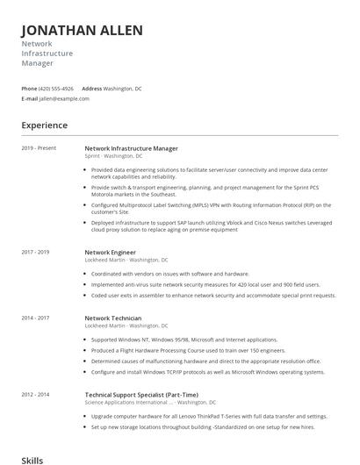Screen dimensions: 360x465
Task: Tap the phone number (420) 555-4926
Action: click(x=57, y=89)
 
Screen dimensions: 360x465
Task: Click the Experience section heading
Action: click(x=45, y=125)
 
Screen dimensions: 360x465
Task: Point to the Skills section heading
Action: click(x=32, y=459)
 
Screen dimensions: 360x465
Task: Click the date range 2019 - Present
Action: click(x=39, y=148)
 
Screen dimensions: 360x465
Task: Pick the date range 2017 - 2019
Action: click(x=37, y=252)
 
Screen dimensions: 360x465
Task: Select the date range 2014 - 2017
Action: click(x=37, y=317)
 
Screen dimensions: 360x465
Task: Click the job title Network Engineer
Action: click(x=111, y=252)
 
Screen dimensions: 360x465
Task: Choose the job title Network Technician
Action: click(x=113, y=317)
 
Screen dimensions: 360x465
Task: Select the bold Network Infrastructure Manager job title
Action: click(x=131, y=148)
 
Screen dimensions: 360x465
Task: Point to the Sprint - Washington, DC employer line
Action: click(x=113, y=156)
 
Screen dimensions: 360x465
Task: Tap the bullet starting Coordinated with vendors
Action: click(x=169, y=274)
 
